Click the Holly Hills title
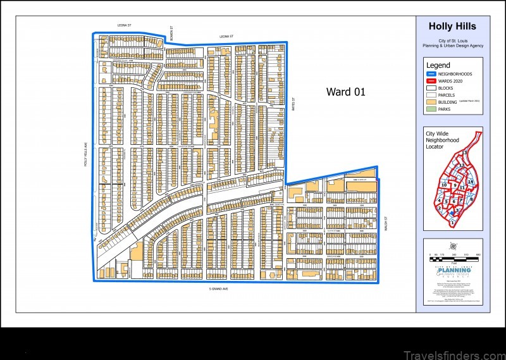click(452, 27)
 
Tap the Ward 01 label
click(346, 92)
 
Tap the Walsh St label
click(385, 225)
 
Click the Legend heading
click(438, 65)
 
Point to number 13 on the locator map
click(464, 153)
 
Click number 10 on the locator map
click(444, 185)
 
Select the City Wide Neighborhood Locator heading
click(443, 140)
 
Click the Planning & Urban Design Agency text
click(452, 46)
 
